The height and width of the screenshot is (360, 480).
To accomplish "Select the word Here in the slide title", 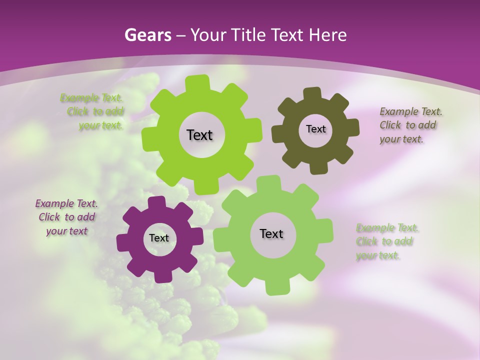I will click(328, 35).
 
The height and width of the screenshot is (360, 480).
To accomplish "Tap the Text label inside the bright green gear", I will click(199, 135).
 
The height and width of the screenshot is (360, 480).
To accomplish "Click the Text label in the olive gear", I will click(315, 129).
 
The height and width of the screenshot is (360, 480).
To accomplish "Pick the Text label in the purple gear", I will click(159, 238).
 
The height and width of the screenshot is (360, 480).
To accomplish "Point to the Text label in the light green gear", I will click(271, 233).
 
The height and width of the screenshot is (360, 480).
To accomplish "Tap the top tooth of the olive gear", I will click(312, 93).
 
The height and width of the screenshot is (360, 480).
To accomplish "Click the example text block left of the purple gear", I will click(66, 217).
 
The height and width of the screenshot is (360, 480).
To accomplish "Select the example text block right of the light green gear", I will click(385, 241).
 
